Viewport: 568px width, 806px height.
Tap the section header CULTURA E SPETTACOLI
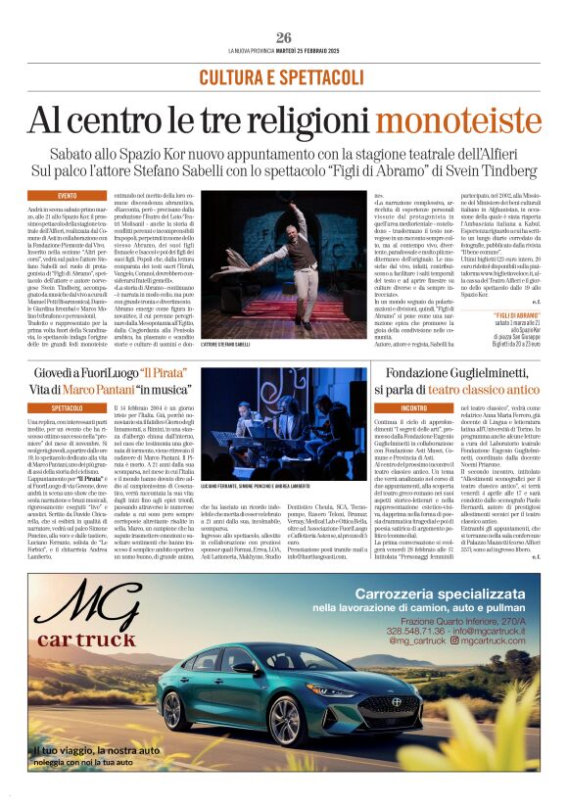click(283, 77)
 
